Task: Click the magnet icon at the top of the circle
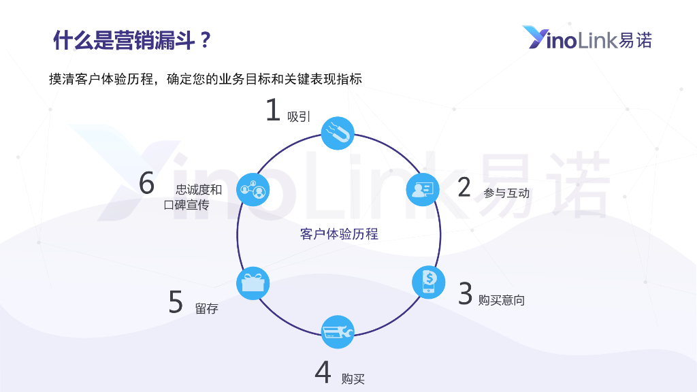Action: pos(338,132)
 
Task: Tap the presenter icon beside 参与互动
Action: pos(423,189)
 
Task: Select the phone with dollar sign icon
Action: pos(429,281)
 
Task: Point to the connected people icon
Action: pos(253,189)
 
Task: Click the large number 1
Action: pos(273,110)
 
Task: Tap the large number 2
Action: pos(464,187)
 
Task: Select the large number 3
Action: pos(466,294)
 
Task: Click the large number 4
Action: pos(323,372)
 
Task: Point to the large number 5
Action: pos(176,302)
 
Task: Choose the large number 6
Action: pos(147,184)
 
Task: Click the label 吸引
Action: pos(299,117)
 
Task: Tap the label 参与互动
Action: pos(506,193)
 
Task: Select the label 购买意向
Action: pos(502,300)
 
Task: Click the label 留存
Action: pos(207,308)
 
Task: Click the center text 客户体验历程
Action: pos(339,234)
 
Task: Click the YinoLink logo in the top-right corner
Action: pos(587,39)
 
